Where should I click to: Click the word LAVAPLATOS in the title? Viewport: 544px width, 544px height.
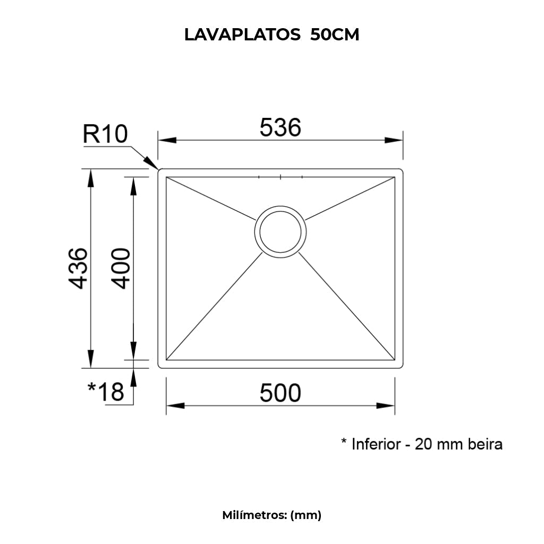(x=242, y=35)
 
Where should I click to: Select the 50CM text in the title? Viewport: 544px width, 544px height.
(x=335, y=35)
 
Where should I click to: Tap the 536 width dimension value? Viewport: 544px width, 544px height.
(x=280, y=127)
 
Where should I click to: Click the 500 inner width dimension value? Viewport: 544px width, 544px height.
(x=280, y=393)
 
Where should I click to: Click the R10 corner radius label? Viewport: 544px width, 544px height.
(x=105, y=134)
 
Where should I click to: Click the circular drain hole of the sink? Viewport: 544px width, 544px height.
(x=280, y=232)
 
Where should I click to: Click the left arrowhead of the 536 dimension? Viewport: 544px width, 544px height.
(x=168, y=140)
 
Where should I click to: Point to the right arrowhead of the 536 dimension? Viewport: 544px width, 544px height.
(x=393, y=140)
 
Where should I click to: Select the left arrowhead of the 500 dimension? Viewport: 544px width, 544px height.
(x=175, y=406)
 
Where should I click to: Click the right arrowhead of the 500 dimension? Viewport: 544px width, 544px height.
(x=386, y=406)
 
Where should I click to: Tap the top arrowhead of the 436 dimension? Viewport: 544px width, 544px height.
(x=91, y=178)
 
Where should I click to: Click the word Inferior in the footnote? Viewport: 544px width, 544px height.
(x=376, y=444)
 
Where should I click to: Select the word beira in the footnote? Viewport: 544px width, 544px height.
(x=484, y=444)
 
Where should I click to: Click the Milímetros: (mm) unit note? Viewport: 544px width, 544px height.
(x=271, y=515)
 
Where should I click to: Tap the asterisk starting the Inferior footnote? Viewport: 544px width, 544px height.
(x=344, y=442)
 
